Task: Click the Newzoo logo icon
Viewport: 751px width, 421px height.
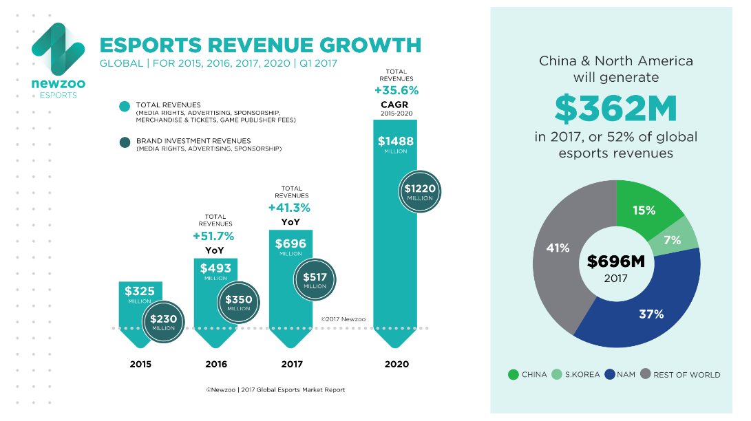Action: pyautogui.click(x=59, y=49)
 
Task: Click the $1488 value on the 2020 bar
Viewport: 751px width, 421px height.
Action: pyautogui.click(x=395, y=142)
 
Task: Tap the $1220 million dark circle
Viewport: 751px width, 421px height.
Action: pyautogui.click(x=419, y=191)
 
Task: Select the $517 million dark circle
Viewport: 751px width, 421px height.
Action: pyautogui.click(x=315, y=279)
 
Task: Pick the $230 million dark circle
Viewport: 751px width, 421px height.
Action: pyautogui.click(x=163, y=321)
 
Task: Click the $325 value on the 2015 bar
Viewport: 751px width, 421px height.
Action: pyautogui.click(x=140, y=292)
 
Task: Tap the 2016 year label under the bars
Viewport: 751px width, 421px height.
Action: pyautogui.click(x=215, y=364)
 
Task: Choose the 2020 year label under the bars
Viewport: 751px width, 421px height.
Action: pyautogui.click(x=396, y=364)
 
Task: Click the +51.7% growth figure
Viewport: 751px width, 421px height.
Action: pyautogui.click(x=213, y=237)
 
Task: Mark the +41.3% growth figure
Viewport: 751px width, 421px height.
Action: pyautogui.click(x=290, y=208)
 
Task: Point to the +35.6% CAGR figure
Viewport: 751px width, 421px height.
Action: pyautogui.click(x=396, y=90)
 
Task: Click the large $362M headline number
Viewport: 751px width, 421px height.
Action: pyautogui.click(x=615, y=108)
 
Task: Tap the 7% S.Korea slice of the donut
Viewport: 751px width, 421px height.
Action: pyautogui.click(x=673, y=240)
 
